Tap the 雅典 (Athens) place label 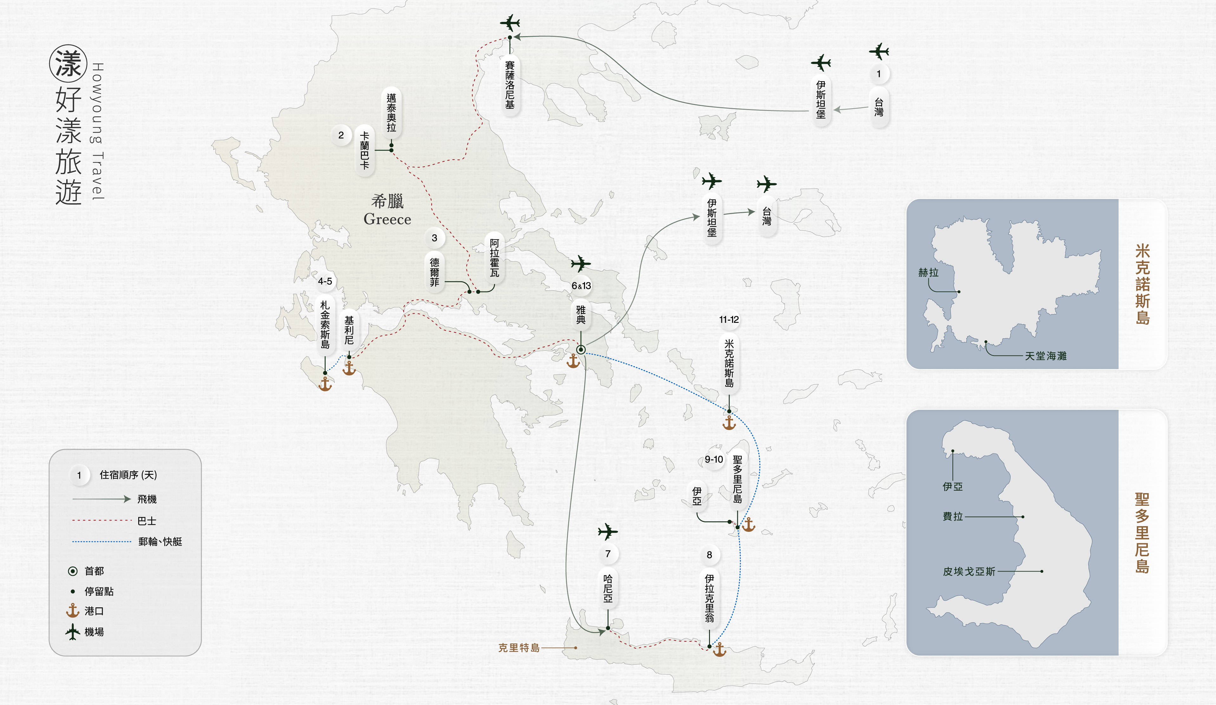click(x=581, y=315)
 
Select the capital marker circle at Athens click(x=581, y=350)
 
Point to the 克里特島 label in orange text click(x=519, y=648)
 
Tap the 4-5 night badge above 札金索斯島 click(x=325, y=281)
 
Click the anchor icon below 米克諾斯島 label click(x=729, y=423)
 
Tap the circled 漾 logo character click(x=68, y=64)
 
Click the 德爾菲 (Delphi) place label click(x=434, y=272)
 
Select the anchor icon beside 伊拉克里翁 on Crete click(x=719, y=650)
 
